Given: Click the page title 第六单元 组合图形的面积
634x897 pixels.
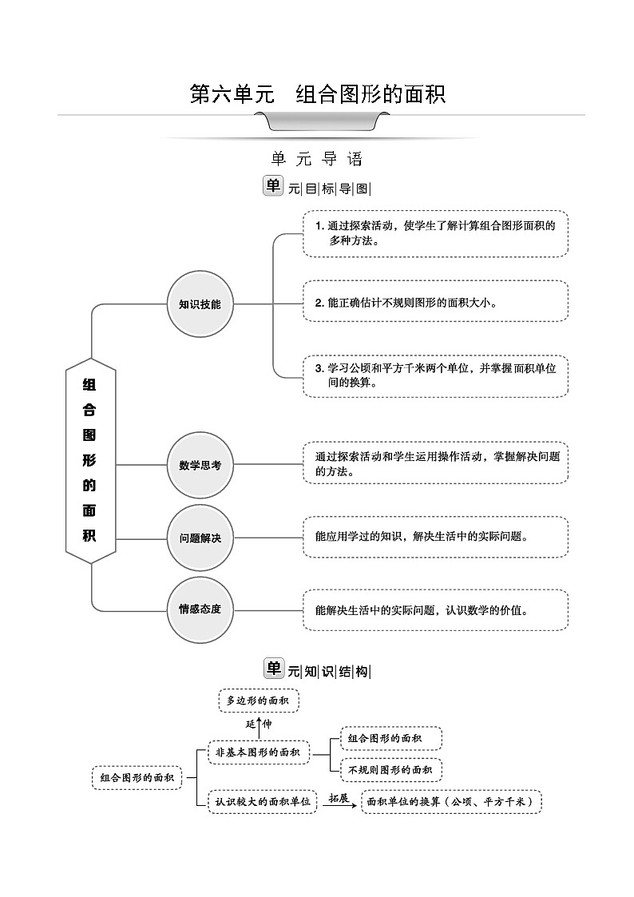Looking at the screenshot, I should [x=317, y=94].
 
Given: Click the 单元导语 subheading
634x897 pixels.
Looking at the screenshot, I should [x=317, y=159].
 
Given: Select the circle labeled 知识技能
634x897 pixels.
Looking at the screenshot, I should [x=200, y=304].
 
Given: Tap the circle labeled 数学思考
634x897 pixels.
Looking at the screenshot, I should [x=200, y=465].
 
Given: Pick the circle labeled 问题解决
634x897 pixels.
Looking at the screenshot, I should [x=200, y=538].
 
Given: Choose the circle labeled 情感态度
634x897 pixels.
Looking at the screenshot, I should [x=200, y=609].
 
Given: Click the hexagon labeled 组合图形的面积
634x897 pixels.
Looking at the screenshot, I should [x=89, y=461].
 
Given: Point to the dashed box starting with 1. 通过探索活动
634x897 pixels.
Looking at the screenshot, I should [x=435, y=233].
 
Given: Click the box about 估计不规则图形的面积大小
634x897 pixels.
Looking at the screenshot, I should [x=435, y=301].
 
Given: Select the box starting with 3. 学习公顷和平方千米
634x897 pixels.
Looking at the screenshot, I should [x=435, y=375].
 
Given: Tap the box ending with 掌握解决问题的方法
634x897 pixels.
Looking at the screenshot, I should [x=435, y=463].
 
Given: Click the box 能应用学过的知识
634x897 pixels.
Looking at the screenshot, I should [x=435, y=537].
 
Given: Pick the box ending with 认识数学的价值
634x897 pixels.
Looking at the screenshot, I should [x=435, y=610].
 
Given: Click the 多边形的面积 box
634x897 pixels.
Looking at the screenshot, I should [x=258, y=701].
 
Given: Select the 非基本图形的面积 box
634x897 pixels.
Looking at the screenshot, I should [x=258, y=752].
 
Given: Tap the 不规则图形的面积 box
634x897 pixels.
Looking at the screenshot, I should [x=390, y=769].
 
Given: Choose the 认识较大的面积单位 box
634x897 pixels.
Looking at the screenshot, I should [x=263, y=801].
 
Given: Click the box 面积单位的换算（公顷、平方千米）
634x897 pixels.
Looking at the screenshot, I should [x=451, y=801].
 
